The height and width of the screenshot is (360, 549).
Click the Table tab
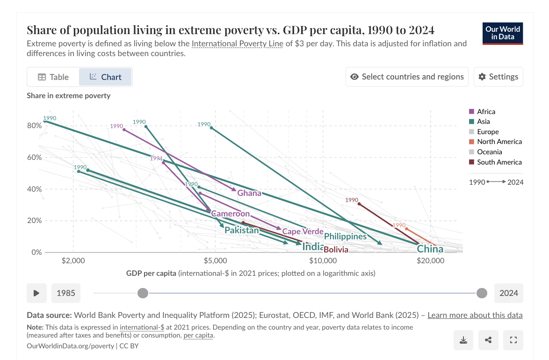point(53,77)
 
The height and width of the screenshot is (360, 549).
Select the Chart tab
point(106,77)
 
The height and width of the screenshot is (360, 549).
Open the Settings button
point(498,77)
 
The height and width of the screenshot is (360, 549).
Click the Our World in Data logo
point(503,33)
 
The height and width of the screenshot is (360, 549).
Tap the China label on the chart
point(430,249)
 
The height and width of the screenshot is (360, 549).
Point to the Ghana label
point(249,193)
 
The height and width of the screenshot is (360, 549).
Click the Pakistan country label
point(242,230)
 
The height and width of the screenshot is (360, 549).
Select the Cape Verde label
point(303,231)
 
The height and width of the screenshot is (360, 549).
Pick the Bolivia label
point(336,250)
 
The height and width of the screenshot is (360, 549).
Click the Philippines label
point(345,237)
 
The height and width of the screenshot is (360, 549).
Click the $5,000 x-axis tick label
point(215,260)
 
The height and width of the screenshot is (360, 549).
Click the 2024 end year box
point(508,293)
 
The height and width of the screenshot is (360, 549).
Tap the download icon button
point(463,340)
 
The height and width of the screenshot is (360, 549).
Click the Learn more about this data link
point(475,315)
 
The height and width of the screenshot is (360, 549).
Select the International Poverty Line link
point(237,44)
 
